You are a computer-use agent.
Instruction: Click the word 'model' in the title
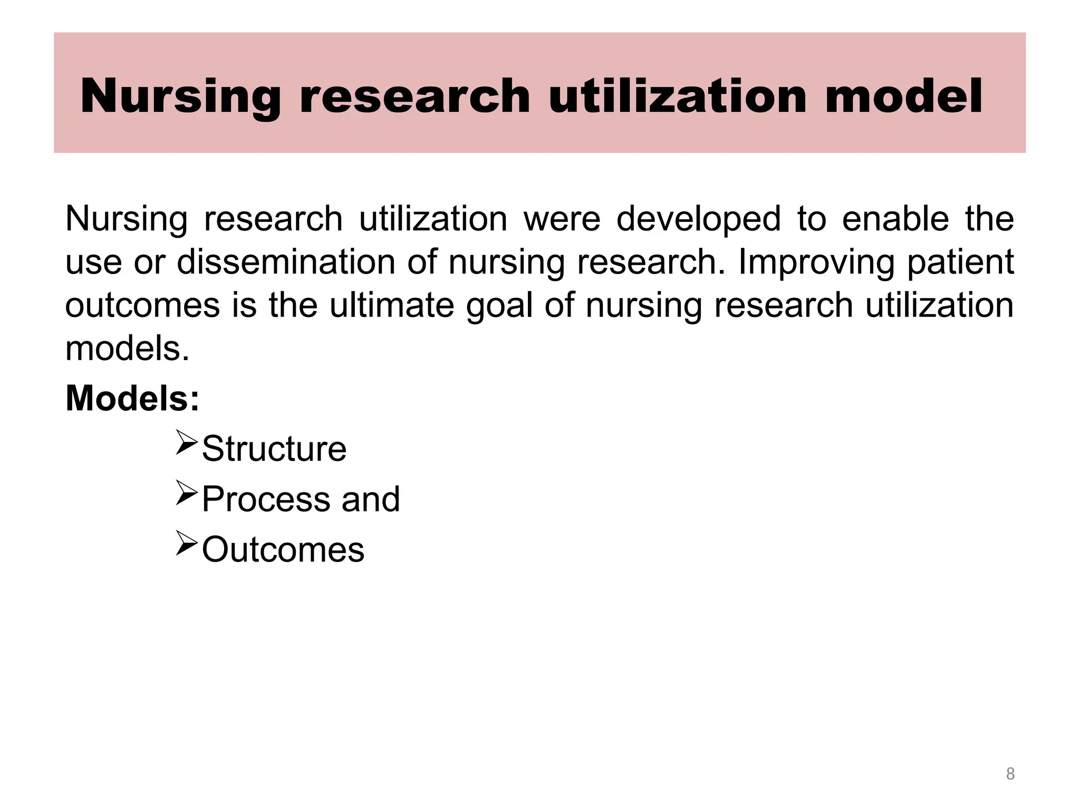pos(903,96)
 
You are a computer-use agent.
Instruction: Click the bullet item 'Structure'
pos(274,449)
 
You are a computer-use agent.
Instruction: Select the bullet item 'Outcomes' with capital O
pos(283,549)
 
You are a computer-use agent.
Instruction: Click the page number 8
pos(1010,774)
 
